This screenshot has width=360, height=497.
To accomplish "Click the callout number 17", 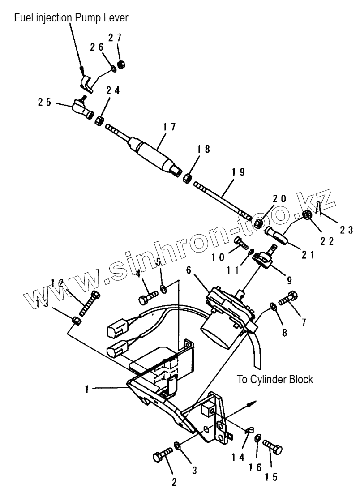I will click(x=170, y=127).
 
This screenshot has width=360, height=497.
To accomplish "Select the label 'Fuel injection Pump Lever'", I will click(x=71, y=18).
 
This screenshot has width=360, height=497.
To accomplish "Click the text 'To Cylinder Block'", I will click(x=275, y=380).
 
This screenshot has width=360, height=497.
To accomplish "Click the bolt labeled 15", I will click(x=273, y=446).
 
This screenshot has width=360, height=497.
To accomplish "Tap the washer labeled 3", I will click(x=178, y=446).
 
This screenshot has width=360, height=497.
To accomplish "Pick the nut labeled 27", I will click(x=121, y=64).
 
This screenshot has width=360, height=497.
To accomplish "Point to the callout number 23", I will click(x=346, y=230).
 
